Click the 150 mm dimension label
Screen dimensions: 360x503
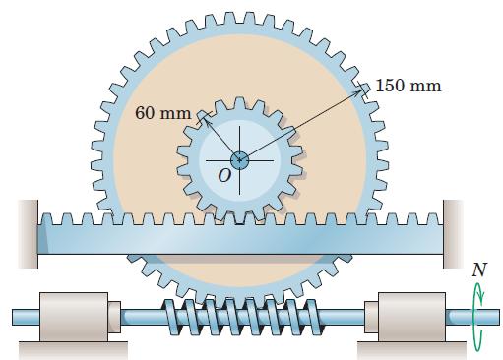pos(409,85)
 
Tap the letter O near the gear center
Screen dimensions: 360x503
pos(224,175)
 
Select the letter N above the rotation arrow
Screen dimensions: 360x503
pos(478,269)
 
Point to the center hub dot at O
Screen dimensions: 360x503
pos(239,159)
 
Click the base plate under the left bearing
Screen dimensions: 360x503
pos(72,347)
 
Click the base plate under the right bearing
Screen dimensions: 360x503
pos(405,347)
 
